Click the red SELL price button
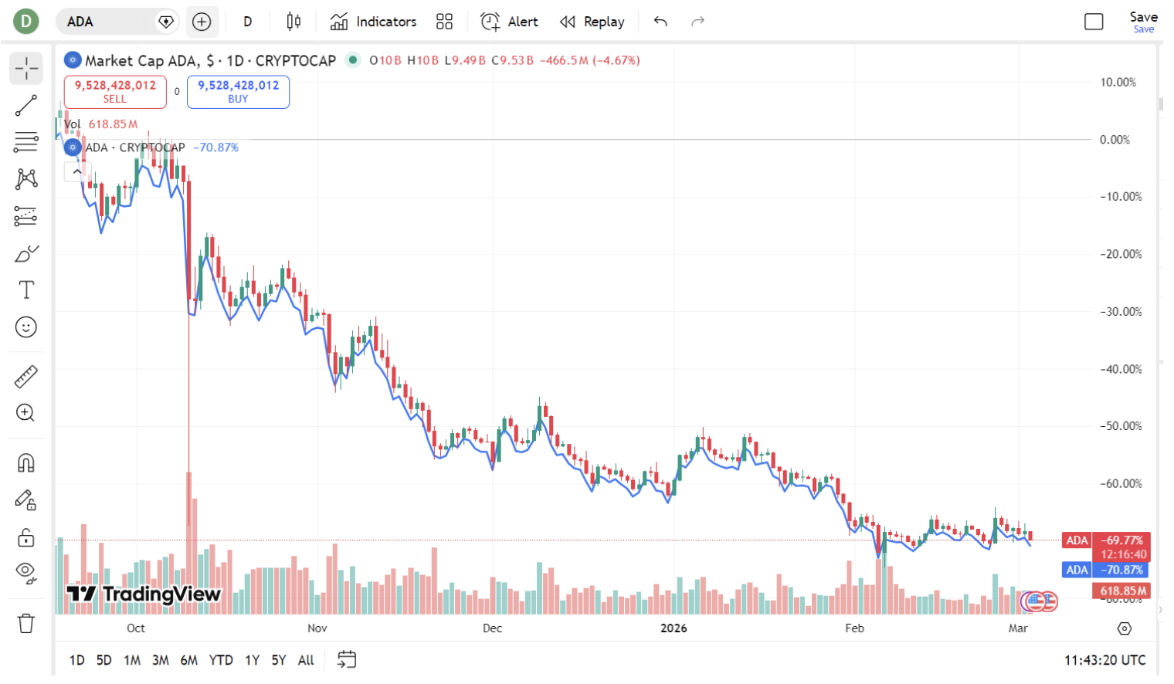(115, 91)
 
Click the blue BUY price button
(238, 91)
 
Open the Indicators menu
(374, 22)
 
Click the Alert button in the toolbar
(510, 22)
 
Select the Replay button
(592, 22)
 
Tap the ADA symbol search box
(108, 22)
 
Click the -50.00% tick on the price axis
(1121, 426)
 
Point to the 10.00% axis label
(1118, 83)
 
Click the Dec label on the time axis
(492, 628)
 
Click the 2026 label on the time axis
(674, 628)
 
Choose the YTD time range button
(221, 660)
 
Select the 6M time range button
(189, 660)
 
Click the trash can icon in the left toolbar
(26, 623)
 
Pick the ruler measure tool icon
(26, 377)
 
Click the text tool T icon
(26, 290)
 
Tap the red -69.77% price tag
(1122, 540)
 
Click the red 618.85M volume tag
(1121, 591)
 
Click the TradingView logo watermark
(144, 594)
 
